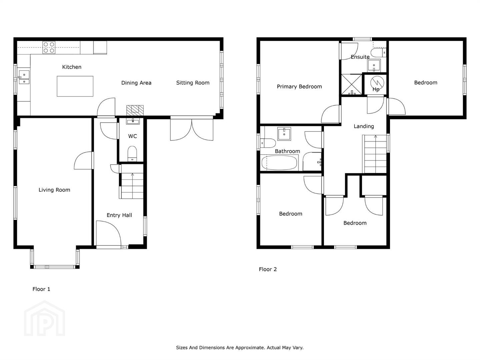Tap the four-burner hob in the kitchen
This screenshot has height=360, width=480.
(x=49, y=47)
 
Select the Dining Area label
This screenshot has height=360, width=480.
(x=136, y=83)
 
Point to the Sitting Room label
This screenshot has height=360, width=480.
(x=193, y=83)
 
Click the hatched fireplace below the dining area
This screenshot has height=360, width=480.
(x=135, y=110)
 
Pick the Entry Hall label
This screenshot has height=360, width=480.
(x=119, y=215)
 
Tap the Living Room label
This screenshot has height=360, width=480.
(x=54, y=190)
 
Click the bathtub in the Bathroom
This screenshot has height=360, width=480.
(x=279, y=163)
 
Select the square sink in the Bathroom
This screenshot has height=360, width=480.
(x=284, y=134)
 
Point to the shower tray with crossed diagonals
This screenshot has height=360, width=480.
(x=352, y=85)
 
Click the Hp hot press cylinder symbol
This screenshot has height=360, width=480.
(x=377, y=83)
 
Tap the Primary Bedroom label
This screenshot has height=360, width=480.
(x=299, y=87)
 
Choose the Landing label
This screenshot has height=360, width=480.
(x=364, y=126)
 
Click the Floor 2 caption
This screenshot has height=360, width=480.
(x=268, y=269)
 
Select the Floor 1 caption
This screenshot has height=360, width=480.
(x=41, y=289)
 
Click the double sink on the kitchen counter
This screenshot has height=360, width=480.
(x=24, y=77)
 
